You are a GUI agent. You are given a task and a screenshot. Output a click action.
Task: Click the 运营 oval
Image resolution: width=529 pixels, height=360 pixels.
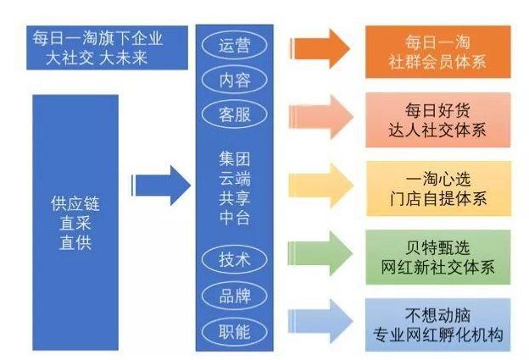coord(235,45)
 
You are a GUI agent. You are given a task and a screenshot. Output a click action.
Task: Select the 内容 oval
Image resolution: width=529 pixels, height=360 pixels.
coord(235,80)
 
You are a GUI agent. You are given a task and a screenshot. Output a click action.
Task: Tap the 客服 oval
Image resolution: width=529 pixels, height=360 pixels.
coord(235,114)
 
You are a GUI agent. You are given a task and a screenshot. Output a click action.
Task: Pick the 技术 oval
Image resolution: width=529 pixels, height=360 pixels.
coord(235,260)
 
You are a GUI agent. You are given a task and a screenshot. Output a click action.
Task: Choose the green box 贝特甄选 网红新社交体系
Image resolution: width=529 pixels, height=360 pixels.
coord(438,255)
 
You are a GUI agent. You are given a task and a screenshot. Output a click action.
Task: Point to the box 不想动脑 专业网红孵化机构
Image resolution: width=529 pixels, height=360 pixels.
coord(438,323)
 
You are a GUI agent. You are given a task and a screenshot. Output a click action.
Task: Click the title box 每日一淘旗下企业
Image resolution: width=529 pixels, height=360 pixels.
coord(97,47)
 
